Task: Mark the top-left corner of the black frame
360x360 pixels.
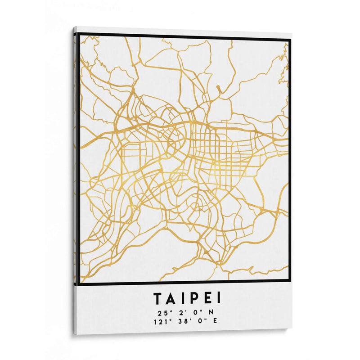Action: [x=78, y=34]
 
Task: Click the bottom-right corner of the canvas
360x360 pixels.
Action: [x=292, y=328]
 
